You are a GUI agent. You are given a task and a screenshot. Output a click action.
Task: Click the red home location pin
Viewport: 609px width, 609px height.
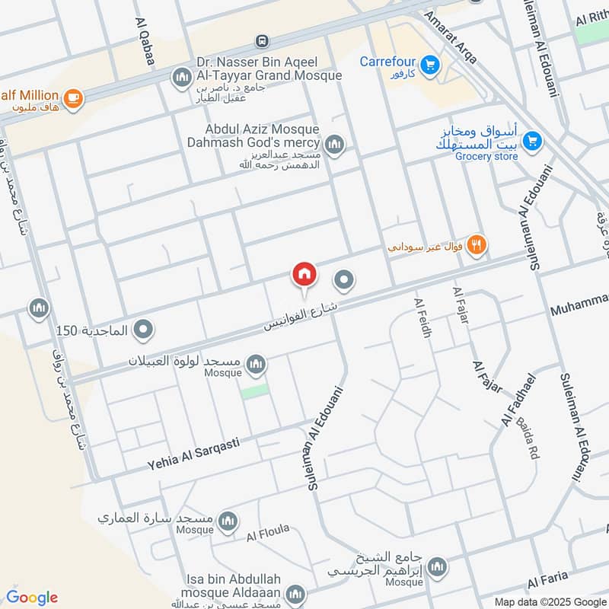click(x=304, y=275)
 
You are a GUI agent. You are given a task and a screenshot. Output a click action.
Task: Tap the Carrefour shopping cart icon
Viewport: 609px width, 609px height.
click(x=430, y=65)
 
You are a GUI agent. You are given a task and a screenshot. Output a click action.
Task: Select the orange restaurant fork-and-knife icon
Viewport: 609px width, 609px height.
click(x=477, y=245)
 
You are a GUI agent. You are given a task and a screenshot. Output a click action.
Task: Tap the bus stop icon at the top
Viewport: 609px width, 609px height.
click(x=262, y=40)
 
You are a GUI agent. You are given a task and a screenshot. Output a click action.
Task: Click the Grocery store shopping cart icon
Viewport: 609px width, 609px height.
click(x=532, y=140)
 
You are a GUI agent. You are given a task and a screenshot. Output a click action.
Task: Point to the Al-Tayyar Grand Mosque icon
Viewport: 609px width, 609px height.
click(x=181, y=77)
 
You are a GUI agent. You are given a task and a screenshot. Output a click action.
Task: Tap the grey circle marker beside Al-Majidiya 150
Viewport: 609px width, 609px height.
click(x=142, y=330)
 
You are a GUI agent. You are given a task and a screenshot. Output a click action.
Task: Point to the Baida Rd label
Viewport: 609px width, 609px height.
click(x=525, y=438)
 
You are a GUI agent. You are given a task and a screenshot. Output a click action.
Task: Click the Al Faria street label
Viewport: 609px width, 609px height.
click(x=547, y=579)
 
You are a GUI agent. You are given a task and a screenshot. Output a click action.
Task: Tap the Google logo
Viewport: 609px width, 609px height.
click(x=31, y=597)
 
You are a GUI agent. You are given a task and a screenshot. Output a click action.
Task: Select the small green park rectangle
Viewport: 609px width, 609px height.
click(x=255, y=391)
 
